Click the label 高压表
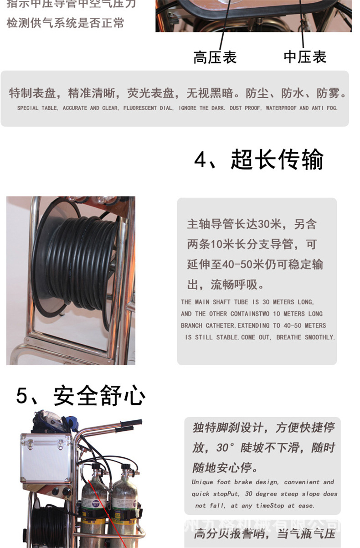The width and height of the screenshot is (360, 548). (215, 58)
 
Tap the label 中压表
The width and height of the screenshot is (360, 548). (305, 57)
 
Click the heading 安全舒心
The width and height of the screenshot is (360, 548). (99, 395)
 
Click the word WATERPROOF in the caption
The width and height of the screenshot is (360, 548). (281, 109)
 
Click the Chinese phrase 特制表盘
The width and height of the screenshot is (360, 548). (32, 93)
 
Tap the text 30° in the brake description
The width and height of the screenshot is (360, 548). (226, 448)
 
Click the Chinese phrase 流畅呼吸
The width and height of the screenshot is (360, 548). (237, 285)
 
